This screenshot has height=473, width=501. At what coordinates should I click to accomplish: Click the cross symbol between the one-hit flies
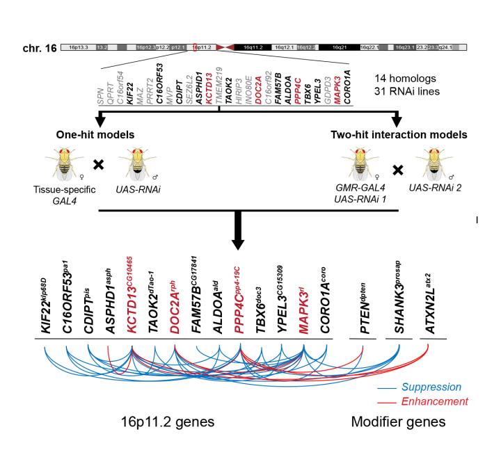point(99,166)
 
